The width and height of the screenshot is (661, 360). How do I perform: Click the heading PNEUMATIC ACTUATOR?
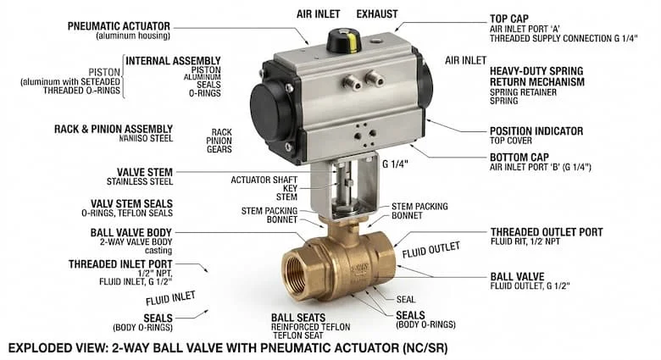coord(119,26)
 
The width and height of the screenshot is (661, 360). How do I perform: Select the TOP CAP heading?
coord(508,19)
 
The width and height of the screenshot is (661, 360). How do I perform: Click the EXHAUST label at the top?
coord(377,14)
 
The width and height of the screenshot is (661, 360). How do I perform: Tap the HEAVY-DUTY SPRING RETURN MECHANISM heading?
coord(536,76)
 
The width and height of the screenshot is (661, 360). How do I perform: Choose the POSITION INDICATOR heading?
coord(536,131)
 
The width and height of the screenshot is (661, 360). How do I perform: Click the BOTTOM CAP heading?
coord(519,158)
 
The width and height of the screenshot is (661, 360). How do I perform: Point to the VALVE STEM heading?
coord(145,172)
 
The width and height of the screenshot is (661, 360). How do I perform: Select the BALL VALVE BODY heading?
coord(131,233)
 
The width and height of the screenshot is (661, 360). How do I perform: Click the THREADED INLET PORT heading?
coord(120,264)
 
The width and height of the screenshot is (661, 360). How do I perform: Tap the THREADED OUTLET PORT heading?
coord(547,232)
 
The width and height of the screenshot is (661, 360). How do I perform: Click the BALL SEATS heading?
coord(298,318)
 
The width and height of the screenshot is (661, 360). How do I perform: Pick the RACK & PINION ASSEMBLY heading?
coord(114,129)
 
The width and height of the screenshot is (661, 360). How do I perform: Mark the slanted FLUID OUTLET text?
coord(430,250)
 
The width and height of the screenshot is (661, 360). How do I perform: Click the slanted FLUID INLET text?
coord(170,298)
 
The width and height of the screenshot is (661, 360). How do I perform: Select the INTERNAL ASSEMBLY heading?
coord(173,61)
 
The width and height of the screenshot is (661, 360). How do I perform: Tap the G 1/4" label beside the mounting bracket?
coord(395,164)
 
